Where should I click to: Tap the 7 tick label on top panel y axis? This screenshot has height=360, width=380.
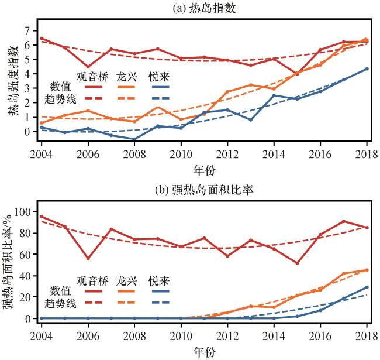click(x=26, y=29)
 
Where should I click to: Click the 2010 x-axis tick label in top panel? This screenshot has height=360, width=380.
click(x=181, y=155)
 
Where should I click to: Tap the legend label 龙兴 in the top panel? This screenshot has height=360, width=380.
click(x=126, y=77)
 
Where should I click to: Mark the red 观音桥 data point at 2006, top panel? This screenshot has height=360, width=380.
click(x=87, y=68)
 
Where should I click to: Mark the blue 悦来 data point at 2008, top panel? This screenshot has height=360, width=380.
click(x=134, y=139)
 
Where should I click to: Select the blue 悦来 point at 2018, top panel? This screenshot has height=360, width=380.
click(x=367, y=68)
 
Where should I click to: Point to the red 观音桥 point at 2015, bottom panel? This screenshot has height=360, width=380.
click(x=297, y=263)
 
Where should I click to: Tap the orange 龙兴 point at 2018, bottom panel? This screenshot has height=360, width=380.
click(x=367, y=270)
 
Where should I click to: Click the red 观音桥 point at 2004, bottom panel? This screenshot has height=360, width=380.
click(x=41, y=217)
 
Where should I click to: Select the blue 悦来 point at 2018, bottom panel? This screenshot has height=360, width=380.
click(x=367, y=287)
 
